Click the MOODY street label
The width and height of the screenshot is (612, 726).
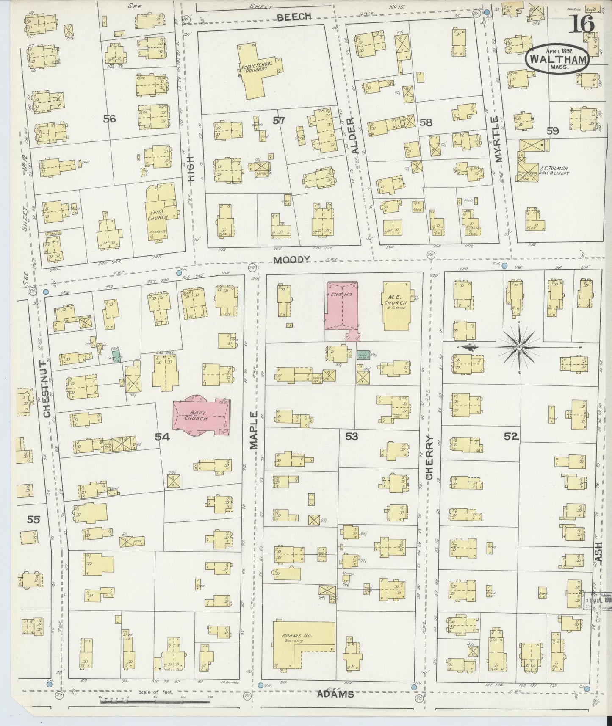[291, 260]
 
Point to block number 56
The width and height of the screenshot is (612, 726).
[109, 119]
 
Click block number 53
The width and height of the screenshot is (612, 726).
[352, 436]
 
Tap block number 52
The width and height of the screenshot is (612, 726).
[511, 436]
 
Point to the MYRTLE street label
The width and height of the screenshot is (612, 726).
[498, 139]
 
